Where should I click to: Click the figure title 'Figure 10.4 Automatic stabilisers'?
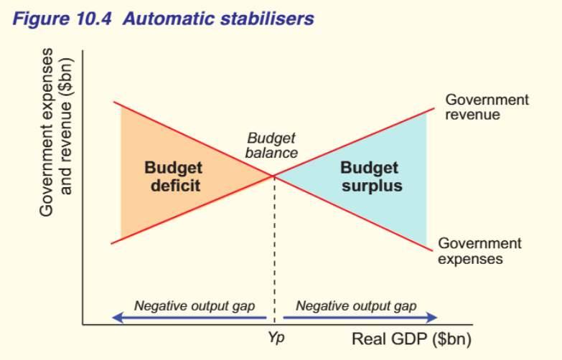163,18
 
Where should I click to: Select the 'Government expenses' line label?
479,251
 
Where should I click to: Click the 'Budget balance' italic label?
271,146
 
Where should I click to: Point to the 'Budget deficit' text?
173,176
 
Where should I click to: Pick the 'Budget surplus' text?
370,176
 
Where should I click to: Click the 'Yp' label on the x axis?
275,337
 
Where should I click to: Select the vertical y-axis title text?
57,132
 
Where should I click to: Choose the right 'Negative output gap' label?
356,305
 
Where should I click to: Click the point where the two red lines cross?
273,176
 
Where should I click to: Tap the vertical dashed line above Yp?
273,251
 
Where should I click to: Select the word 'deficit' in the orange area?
174,186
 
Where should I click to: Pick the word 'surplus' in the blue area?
370,186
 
